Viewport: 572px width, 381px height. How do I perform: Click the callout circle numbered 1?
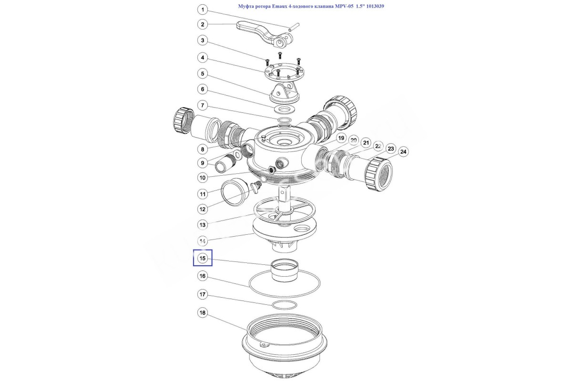[x=203, y=10]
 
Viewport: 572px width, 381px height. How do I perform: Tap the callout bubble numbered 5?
[x=203, y=73]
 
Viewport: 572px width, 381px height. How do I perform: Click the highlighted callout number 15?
[x=203, y=258]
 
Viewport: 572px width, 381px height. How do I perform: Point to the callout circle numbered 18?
[x=203, y=313]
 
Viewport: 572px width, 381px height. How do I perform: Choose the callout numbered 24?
[x=404, y=152]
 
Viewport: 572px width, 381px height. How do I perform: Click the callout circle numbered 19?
[x=340, y=138]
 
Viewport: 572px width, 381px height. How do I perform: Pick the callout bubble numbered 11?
[x=203, y=194]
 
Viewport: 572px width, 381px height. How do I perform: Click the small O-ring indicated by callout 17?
[x=285, y=304]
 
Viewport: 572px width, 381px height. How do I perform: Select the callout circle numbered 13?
[x=203, y=224]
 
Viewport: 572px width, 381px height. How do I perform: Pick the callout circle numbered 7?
[x=203, y=105]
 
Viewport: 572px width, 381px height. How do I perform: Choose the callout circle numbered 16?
[x=203, y=276]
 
